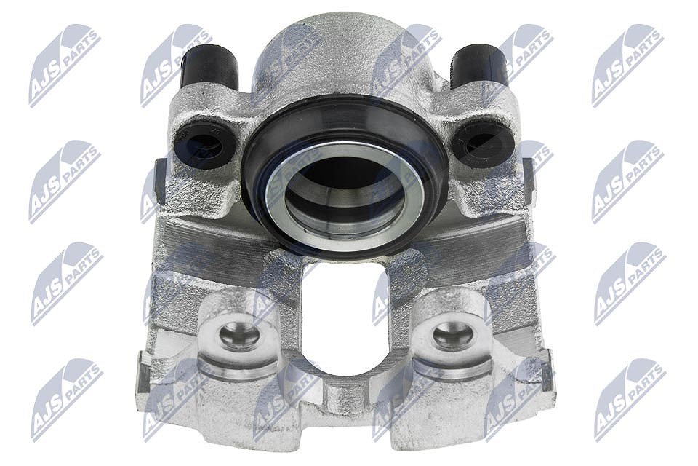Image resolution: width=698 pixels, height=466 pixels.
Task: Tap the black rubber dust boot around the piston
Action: [345, 176]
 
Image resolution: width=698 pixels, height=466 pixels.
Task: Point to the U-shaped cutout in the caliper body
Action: [345, 321]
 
